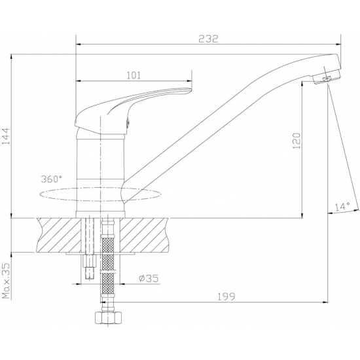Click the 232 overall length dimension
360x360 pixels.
(x=208, y=39)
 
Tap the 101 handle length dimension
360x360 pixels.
(x=134, y=75)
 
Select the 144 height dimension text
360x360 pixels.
(x=6, y=136)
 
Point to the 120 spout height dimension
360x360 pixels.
(x=297, y=141)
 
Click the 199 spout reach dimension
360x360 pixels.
(x=226, y=296)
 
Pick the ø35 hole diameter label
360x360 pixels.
(x=149, y=278)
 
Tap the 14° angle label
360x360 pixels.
(x=342, y=207)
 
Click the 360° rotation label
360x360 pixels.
(x=52, y=179)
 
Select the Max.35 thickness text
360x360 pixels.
(x=7, y=281)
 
